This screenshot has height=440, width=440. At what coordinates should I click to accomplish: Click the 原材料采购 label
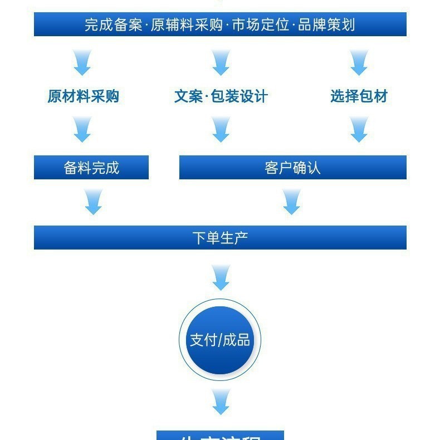(83, 96)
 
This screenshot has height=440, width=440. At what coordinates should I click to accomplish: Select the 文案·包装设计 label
(221, 96)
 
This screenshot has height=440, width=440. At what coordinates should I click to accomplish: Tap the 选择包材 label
(359, 96)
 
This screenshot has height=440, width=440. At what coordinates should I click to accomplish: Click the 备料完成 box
(91, 168)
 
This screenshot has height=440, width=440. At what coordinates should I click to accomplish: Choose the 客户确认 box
(292, 168)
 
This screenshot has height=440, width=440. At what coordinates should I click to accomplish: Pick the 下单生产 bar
(220, 238)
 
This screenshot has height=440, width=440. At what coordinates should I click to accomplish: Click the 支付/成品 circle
(220, 340)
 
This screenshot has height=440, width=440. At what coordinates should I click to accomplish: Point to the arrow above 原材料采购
(82, 62)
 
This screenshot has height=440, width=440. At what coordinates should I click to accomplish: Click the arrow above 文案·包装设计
(221, 62)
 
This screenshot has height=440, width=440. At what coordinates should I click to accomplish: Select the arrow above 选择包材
(359, 62)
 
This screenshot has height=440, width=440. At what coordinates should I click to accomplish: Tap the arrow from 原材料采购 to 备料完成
(82, 130)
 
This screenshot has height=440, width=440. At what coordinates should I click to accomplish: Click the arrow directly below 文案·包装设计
(221, 130)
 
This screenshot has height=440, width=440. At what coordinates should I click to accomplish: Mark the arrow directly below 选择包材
(359, 130)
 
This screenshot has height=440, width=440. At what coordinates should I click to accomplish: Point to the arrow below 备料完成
(94, 202)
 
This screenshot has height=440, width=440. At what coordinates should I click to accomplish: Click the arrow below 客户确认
(292, 202)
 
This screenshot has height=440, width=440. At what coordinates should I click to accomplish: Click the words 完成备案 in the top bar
(114, 25)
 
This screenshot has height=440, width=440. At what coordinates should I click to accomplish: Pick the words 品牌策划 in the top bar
(326, 25)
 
